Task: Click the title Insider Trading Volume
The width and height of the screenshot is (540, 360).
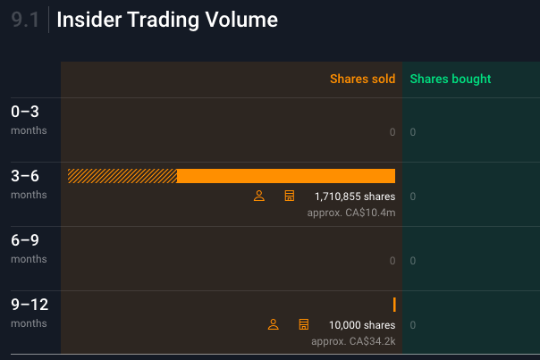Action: click(167, 20)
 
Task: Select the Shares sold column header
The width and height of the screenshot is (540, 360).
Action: click(362, 79)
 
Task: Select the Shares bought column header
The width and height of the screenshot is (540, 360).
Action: click(451, 79)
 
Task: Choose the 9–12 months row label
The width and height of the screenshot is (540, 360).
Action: click(30, 312)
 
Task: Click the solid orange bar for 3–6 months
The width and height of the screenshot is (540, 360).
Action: click(286, 176)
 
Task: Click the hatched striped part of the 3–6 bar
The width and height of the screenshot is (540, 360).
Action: click(122, 176)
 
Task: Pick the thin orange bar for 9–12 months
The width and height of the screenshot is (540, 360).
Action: click(394, 305)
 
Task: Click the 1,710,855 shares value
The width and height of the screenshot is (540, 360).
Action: click(354, 197)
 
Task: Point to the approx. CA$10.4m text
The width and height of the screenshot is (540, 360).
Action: click(350, 213)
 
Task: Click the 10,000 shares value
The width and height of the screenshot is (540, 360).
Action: click(361, 325)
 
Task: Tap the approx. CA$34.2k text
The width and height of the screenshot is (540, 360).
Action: click(353, 341)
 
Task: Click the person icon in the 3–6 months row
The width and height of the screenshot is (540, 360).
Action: click(259, 196)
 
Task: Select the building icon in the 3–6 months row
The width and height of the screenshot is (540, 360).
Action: click(289, 196)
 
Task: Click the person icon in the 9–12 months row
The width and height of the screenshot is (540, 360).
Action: click(274, 324)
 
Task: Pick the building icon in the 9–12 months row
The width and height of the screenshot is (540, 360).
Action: click(303, 324)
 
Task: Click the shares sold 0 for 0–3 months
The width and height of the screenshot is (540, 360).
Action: click(392, 132)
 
